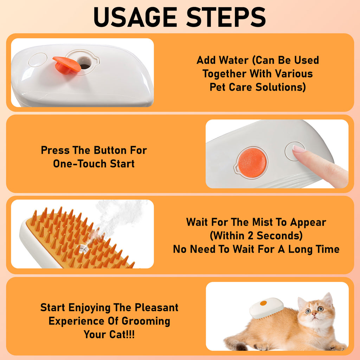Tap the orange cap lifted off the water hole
tap(66, 65)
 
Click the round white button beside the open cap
tap(38, 60)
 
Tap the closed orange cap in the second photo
tap(252, 162)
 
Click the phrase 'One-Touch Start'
tap(94, 164)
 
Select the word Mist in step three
tap(264, 222)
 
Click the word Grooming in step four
tap(146, 321)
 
